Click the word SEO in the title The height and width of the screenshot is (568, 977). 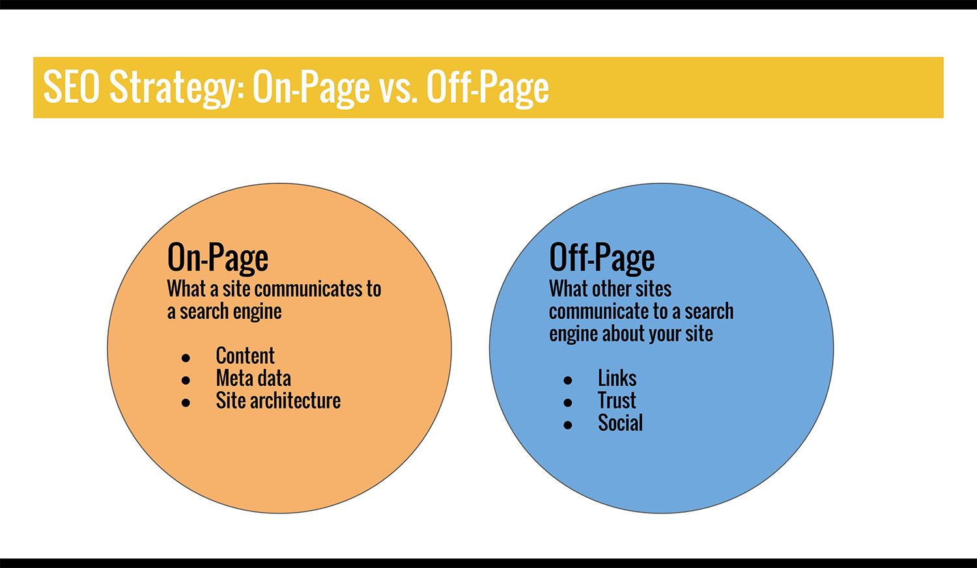[x=72, y=87]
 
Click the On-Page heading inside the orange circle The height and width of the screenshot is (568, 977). [x=218, y=258]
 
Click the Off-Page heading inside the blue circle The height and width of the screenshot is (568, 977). [x=602, y=258]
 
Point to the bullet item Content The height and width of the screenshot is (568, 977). [x=245, y=356]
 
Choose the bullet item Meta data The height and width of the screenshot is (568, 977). [x=253, y=378]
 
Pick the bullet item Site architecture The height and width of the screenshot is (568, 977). [x=278, y=400]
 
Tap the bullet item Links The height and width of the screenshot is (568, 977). [x=617, y=378]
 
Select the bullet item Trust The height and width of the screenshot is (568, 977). [x=617, y=400]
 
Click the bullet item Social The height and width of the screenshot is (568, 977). [x=620, y=423]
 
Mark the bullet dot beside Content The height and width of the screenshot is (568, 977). [x=186, y=358]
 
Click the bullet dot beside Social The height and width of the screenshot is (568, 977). [x=568, y=425]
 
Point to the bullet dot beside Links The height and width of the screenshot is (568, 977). [x=568, y=380]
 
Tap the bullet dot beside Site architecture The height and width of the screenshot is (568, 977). [x=186, y=403]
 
